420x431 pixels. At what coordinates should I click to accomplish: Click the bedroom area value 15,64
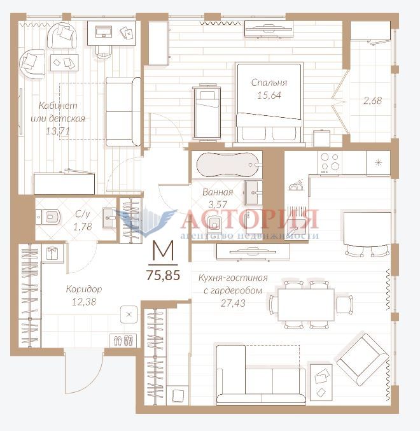269,95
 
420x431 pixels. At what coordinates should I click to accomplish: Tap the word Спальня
269,83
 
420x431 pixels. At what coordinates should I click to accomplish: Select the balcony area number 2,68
372,101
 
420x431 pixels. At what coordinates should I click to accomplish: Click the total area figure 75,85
163,275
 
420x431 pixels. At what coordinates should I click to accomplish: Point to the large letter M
163,250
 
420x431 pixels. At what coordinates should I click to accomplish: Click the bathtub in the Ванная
228,165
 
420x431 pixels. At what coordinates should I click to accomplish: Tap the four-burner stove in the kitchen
330,162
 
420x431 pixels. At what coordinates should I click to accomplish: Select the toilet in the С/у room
48,217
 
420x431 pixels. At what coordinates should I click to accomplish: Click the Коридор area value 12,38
84,302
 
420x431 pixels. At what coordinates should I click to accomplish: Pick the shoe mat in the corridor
123,341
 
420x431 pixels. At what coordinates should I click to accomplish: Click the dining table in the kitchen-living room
306,304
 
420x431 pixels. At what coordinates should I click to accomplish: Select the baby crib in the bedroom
207,113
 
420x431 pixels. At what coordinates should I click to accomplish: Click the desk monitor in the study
103,32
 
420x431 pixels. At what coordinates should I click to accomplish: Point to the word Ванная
218,192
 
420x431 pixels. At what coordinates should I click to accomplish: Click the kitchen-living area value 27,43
233,303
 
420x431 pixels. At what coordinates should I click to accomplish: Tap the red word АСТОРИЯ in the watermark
249,219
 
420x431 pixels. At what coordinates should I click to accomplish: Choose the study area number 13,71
58,131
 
